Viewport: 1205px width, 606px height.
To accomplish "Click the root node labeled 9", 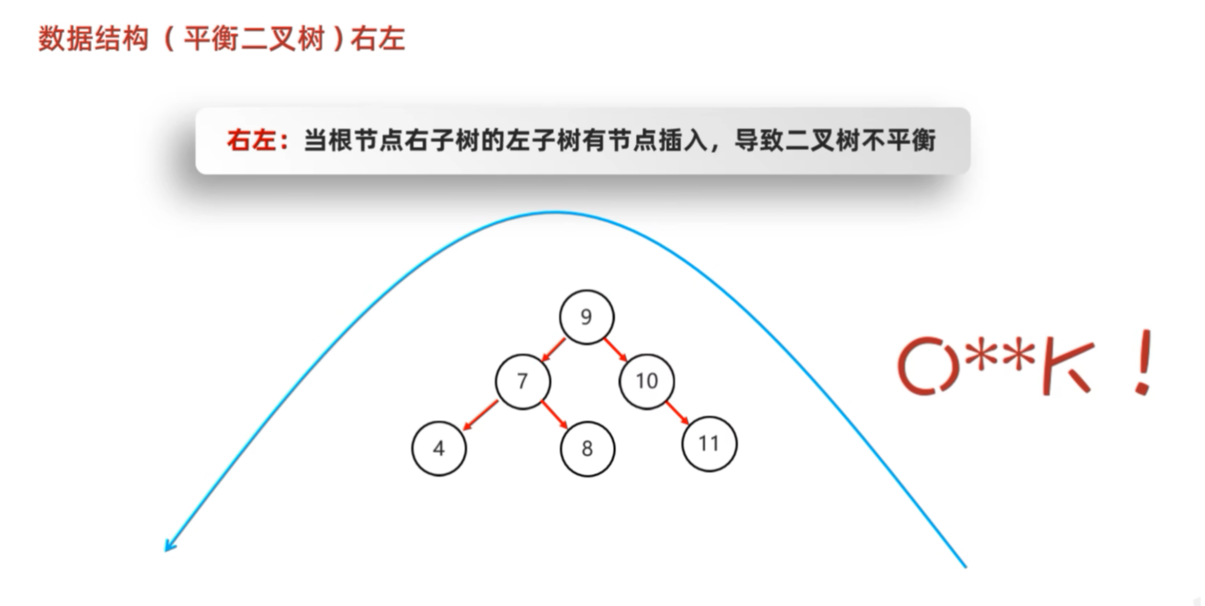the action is click(x=586, y=316).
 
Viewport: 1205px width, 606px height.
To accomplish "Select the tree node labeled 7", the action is click(x=523, y=381).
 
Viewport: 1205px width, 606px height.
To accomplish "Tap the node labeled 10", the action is click(x=647, y=381).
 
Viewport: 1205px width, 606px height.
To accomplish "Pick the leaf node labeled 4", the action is click(x=439, y=448).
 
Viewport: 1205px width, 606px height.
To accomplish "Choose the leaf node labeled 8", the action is click(x=587, y=449).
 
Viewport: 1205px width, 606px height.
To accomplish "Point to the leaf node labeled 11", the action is click(x=709, y=443).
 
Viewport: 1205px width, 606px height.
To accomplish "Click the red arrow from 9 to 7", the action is click(x=554, y=350).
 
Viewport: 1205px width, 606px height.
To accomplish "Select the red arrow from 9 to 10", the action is click(x=616, y=350).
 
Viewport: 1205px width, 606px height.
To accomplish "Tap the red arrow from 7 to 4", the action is click(x=480, y=415).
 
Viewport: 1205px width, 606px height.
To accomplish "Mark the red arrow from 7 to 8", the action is click(x=554, y=414).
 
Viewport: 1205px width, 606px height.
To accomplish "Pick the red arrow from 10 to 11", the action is click(x=677, y=413).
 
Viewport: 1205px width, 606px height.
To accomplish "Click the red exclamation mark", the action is click(x=1144, y=362).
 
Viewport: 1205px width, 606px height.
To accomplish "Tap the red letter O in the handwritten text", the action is click(x=928, y=365).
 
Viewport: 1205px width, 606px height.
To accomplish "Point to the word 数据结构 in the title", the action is click(x=93, y=39).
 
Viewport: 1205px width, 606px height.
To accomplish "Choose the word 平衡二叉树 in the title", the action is click(x=254, y=39).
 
